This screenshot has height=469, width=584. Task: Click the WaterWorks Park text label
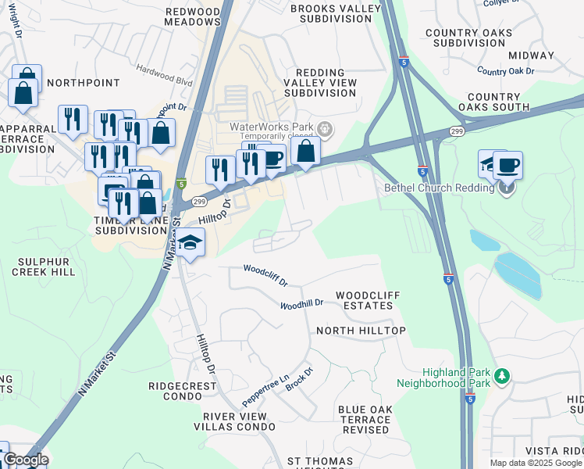271,127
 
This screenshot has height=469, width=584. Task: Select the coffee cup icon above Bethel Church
507,165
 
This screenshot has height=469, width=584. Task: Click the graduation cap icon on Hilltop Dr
190,242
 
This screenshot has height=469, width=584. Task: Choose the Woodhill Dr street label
301,303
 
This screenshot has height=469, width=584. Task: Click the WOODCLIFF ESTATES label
368,300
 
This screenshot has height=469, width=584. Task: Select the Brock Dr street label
299,380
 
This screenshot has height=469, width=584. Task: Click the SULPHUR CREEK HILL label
44,267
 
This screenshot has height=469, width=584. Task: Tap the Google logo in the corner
25,460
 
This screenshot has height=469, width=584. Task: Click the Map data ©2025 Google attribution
535,463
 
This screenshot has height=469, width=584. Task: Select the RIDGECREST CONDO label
186,392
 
